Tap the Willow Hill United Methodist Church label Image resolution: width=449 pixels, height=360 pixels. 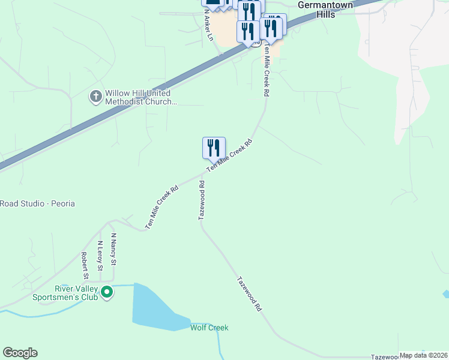click(x=140, y=98)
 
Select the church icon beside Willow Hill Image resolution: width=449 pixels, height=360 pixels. click(x=95, y=96)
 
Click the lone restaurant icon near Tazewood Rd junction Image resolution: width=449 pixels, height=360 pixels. click(x=214, y=148)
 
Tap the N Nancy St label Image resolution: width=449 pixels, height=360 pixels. click(x=113, y=250)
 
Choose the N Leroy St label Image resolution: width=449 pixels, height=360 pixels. click(x=100, y=255)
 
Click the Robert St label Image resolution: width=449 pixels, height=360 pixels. click(x=85, y=266)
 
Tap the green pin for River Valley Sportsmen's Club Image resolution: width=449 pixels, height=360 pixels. click(x=107, y=293)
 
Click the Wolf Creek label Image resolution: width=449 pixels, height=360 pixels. click(x=209, y=328)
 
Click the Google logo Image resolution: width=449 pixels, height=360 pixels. click(x=20, y=353)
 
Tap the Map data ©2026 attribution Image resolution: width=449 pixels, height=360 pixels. click(x=423, y=355)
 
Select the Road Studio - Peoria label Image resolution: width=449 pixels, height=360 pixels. click(x=37, y=203)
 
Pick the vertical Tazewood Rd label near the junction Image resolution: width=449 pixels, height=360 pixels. click(x=202, y=200)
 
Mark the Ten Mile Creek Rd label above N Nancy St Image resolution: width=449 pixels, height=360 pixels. click(x=162, y=207)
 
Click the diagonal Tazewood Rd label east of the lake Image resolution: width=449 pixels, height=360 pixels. click(x=250, y=293)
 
